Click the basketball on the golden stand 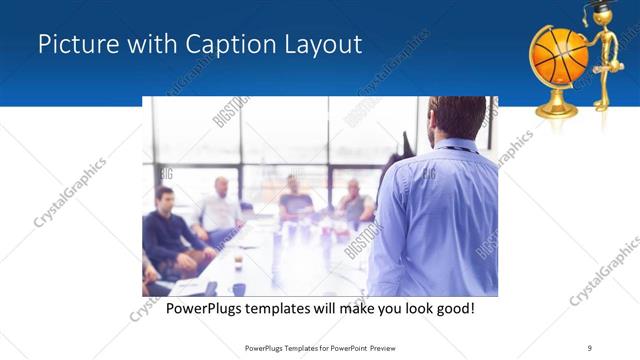point(558,54)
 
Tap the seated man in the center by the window point(294,200)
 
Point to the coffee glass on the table point(238,263)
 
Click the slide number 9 point(589,347)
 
